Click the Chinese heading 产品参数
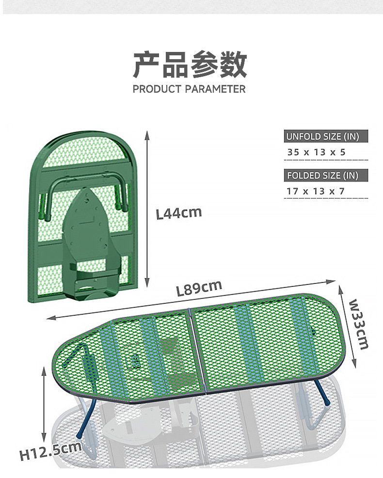(x=190, y=65)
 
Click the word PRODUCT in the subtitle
(x=157, y=89)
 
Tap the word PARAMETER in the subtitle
(x=215, y=89)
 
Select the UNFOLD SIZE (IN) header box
(x=326, y=136)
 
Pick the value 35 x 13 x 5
(x=316, y=152)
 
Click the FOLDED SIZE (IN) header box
(x=326, y=175)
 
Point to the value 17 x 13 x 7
(x=316, y=191)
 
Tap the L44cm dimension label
(x=179, y=213)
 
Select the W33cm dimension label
(x=359, y=324)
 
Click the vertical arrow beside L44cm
(x=147, y=209)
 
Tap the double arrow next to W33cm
(x=347, y=326)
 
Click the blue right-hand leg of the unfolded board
(x=322, y=392)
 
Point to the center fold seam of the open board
(x=198, y=350)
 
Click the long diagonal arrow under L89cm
(x=191, y=300)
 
